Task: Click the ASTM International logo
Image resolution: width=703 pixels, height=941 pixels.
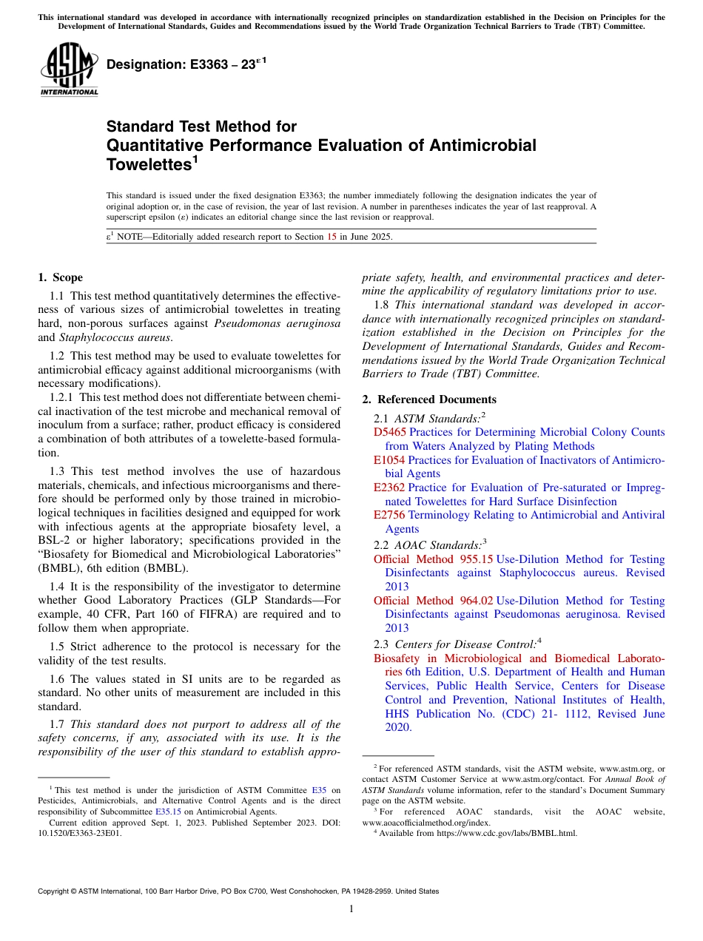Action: pyautogui.click(x=69, y=70)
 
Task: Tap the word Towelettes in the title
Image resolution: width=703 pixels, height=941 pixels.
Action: pyautogui.click(x=147, y=164)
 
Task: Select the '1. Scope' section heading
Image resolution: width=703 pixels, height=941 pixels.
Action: pyautogui.click(x=61, y=277)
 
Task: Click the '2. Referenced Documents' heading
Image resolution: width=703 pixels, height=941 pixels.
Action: pyautogui.click(x=429, y=399)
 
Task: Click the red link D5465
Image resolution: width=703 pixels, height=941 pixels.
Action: pyautogui.click(x=390, y=432)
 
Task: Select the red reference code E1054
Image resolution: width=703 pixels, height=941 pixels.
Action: pyautogui.click(x=389, y=460)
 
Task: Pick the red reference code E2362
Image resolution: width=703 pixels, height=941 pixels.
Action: pyautogui.click(x=389, y=488)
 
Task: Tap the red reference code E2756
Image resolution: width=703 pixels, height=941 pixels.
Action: pyautogui.click(x=389, y=515)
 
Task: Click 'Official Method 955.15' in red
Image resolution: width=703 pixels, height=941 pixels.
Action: pyautogui.click(x=433, y=559)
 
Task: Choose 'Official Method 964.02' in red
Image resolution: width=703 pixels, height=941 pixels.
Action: pyautogui.click(x=433, y=601)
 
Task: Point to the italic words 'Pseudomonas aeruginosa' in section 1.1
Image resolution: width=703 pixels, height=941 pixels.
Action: pyautogui.click(x=277, y=323)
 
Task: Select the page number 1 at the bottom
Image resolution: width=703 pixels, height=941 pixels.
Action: pyautogui.click(x=351, y=909)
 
